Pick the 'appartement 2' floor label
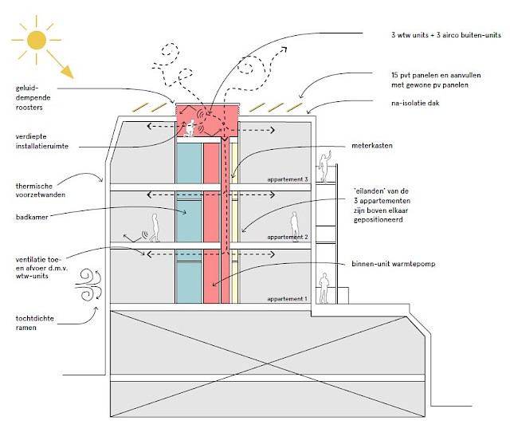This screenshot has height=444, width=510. click(x=288, y=238)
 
